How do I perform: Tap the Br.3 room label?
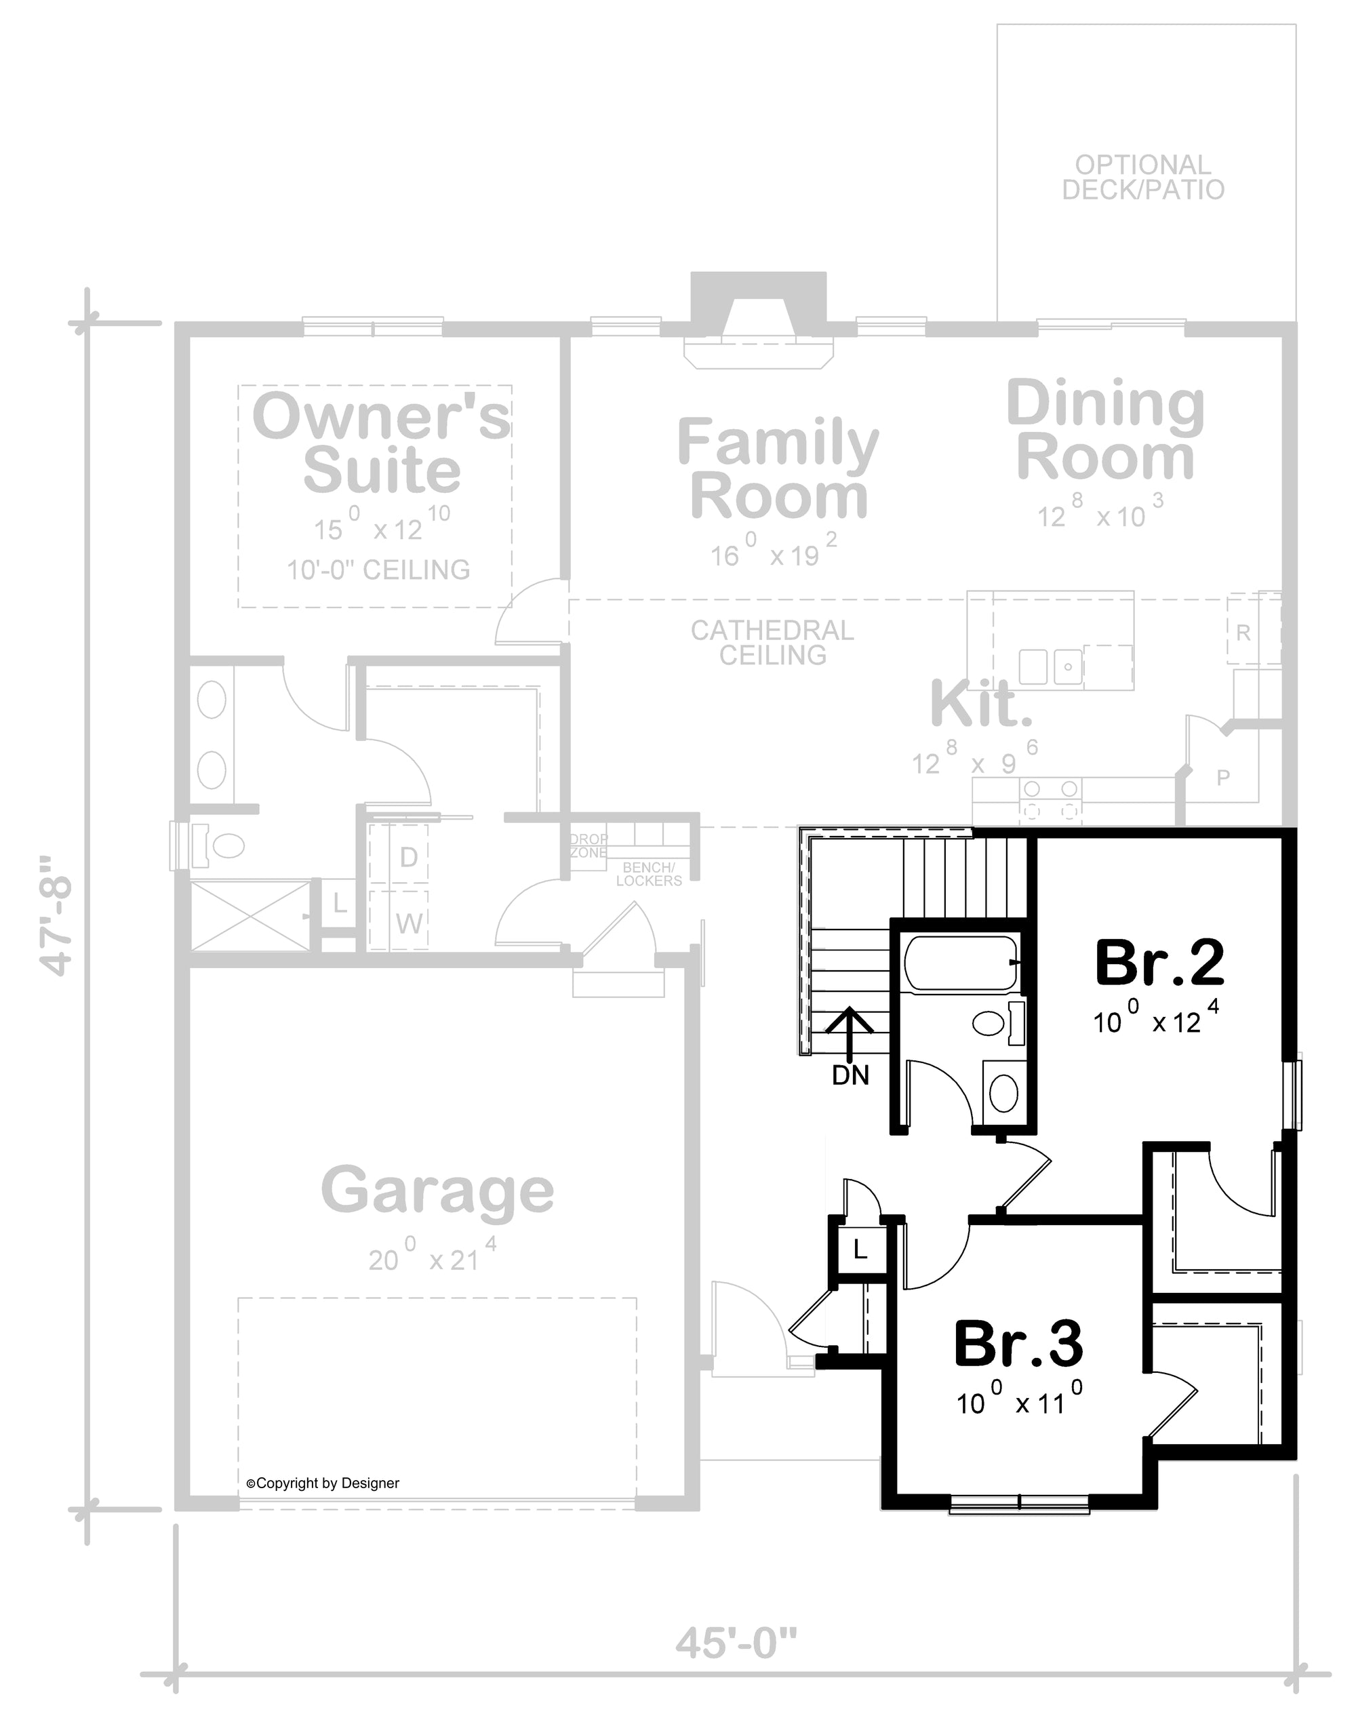coord(1018,1344)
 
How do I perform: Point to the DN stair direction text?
coord(850,1076)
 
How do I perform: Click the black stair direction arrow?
coord(850,1035)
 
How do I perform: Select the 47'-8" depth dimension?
coord(56,915)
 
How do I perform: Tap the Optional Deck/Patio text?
coord(1143,177)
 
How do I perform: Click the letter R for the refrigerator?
coord(1243,633)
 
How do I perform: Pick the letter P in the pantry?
coord(1223,777)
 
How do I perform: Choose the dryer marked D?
coord(408,856)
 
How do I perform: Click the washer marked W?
coord(409,923)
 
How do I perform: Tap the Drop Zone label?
coord(589,845)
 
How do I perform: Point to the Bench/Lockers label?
coord(649,874)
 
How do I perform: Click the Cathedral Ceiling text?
coord(772,642)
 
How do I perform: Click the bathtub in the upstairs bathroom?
coord(961,963)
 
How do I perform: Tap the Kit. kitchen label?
coord(981,704)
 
